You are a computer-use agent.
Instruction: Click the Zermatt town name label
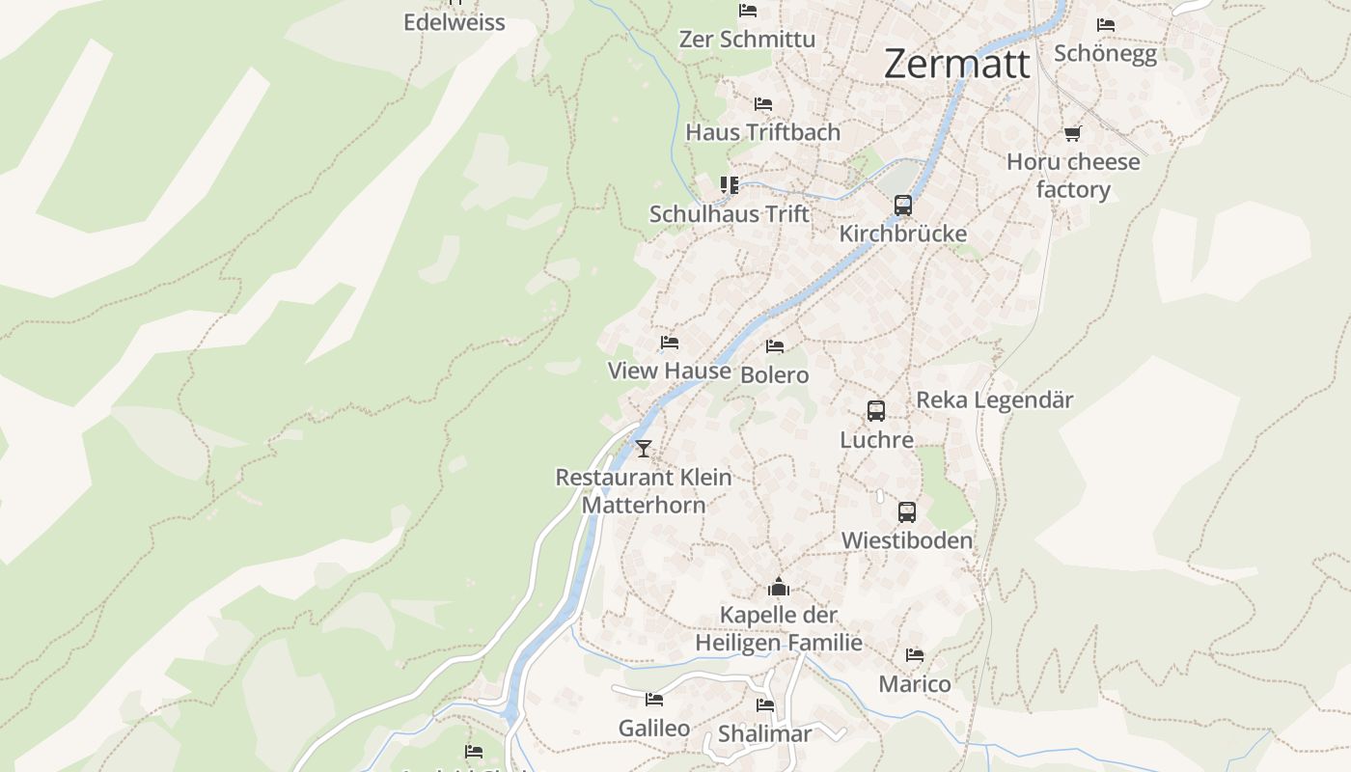point(956,65)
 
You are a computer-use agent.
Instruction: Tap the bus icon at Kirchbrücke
point(902,206)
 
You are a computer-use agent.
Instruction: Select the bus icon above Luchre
point(875,411)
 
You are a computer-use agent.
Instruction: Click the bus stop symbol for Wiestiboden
point(906,512)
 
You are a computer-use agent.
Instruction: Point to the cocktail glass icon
point(644,448)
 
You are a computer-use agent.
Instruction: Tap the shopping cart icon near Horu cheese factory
point(1072,133)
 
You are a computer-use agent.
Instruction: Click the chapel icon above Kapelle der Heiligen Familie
point(779,587)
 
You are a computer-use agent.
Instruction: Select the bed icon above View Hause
point(669,343)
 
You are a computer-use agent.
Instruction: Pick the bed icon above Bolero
point(774,346)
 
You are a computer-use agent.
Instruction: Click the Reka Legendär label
point(994,400)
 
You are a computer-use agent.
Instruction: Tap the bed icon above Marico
point(914,655)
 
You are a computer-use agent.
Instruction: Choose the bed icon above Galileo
point(654,700)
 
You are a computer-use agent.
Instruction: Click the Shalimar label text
point(764,733)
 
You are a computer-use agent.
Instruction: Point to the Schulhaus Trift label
point(729,213)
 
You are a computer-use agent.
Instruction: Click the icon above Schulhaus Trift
point(729,184)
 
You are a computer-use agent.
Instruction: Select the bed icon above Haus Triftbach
point(762,103)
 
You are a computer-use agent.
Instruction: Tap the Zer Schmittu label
point(747,39)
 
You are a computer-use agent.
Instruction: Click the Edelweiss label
point(454,22)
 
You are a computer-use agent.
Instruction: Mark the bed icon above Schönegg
point(1105,25)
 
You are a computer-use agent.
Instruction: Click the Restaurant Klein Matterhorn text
point(644,490)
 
